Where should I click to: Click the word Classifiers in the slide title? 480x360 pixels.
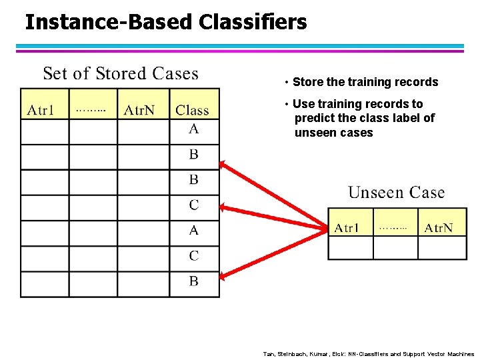(253, 22)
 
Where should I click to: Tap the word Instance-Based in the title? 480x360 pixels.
(109, 22)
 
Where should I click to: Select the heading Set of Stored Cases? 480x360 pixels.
(121, 73)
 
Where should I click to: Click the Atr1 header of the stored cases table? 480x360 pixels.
(41, 110)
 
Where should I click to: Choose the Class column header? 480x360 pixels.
(192, 110)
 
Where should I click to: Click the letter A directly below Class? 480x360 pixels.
(193, 129)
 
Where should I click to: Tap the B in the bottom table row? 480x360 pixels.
(193, 281)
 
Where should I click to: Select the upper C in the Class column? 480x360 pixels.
(193, 205)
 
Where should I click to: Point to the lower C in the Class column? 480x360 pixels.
(193, 255)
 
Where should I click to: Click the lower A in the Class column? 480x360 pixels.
(193, 230)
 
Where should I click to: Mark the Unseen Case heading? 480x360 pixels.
(396, 193)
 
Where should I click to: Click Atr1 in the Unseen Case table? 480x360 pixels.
(347, 228)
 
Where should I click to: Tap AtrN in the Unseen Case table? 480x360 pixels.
(439, 228)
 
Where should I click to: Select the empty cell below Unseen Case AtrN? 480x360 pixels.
(442, 248)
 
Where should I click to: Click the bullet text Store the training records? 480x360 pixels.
(365, 82)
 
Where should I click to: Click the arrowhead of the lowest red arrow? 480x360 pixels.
(225, 275)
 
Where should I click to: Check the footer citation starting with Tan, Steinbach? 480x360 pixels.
(369, 354)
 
